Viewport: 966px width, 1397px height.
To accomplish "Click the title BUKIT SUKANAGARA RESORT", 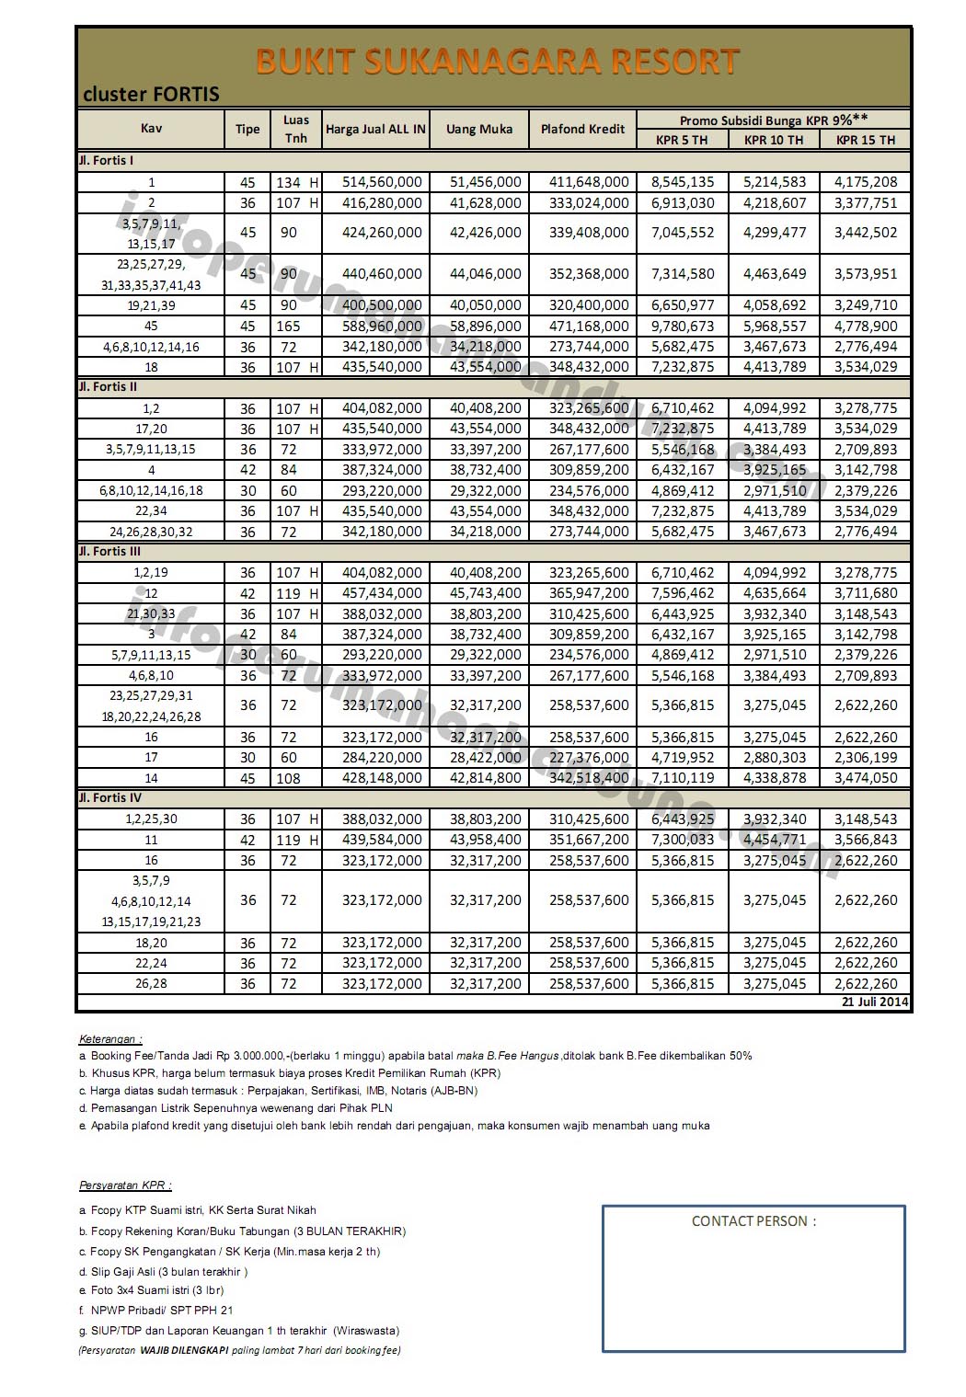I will pyautogui.click(x=497, y=62).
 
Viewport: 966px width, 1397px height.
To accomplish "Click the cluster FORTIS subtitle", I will pyautogui.click(x=151, y=94).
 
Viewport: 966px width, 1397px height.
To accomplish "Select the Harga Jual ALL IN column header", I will pyautogui.click(x=375, y=129).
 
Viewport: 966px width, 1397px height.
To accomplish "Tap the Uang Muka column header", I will pyautogui.click(x=479, y=129).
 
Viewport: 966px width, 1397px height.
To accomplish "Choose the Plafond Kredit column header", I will pyautogui.click(x=582, y=129).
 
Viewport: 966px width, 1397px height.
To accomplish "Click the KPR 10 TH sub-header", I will pyautogui.click(x=774, y=140).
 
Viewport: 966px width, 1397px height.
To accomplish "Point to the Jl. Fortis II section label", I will pyautogui.click(x=108, y=387).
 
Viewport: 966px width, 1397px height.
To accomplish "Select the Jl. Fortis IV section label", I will pyautogui.click(x=109, y=798).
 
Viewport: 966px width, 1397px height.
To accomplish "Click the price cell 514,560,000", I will pyautogui.click(x=382, y=182).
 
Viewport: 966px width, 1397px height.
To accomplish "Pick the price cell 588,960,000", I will pyautogui.click(x=382, y=326).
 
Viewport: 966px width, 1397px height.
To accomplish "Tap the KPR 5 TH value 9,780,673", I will pyautogui.click(x=683, y=326).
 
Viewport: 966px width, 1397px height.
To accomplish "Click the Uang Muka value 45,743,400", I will pyautogui.click(x=485, y=593).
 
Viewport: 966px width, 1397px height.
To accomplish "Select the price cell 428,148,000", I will pyautogui.click(x=382, y=778).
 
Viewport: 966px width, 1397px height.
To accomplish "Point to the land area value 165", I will pyautogui.click(x=288, y=326).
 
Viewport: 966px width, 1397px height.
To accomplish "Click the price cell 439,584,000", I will pyautogui.click(x=382, y=840).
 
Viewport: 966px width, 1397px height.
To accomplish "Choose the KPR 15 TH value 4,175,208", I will pyautogui.click(x=866, y=182).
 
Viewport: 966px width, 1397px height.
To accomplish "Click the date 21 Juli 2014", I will pyautogui.click(x=875, y=1002).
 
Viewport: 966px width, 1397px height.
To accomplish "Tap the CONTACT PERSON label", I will pyautogui.click(x=753, y=1221).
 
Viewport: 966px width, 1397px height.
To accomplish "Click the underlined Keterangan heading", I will pyautogui.click(x=110, y=1038).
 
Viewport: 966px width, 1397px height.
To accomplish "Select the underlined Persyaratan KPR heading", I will pyautogui.click(x=125, y=1185).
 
